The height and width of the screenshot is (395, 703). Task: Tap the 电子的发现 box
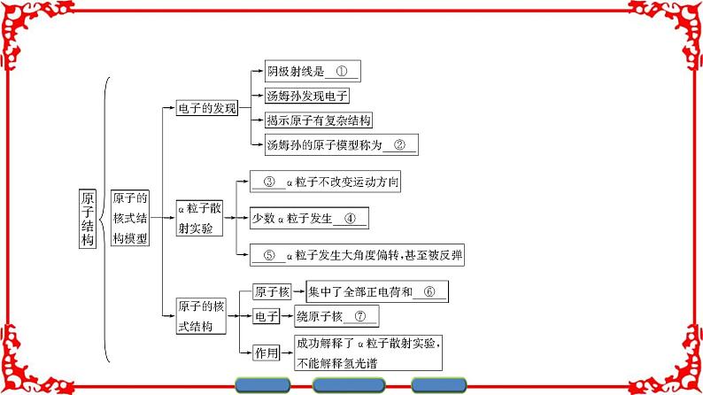pyautogui.click(x=207, y=109)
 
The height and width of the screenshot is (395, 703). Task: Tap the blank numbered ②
pyautogui.click(x=399, y=144)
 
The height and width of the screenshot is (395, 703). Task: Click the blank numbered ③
pyautogui.click(x=269, y=182)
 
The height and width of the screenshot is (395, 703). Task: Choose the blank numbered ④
pyautogui.click(x=351, y=219)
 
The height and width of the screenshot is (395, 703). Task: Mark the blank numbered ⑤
pyautogui.click(x=269, y=255)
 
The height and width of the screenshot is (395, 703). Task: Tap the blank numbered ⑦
pyautogui.click(x=359, y=315)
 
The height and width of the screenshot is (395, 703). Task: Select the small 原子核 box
pyautogui.click(x=272, y=290)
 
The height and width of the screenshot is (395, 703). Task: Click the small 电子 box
pyautogui.click(x=267, y=316)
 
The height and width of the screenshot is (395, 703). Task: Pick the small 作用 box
pyautogui.click(x=267, y=352)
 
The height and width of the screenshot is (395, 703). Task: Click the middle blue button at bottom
pyautogui.click(x=351, y=385)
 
